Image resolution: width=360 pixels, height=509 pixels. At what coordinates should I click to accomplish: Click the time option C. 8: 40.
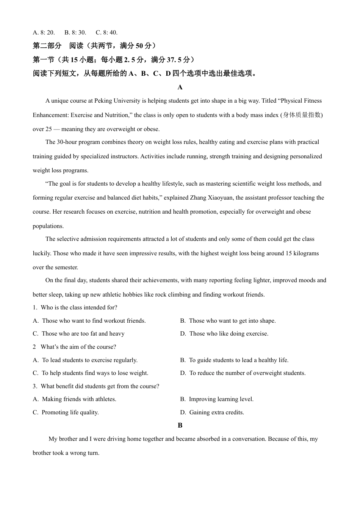coord(106,33)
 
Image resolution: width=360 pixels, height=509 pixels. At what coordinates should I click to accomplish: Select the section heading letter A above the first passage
coord(180,87)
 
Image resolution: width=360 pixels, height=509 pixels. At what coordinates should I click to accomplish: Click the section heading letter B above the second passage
coord(180,425)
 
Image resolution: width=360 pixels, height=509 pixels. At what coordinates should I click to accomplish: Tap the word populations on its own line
coord(48,226)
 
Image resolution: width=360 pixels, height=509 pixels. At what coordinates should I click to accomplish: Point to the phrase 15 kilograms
coord(302,253)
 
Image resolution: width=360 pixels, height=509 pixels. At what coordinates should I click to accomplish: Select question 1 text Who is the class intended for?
coord(79,308)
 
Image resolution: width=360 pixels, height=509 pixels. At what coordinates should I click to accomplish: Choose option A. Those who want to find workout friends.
coord(89,321)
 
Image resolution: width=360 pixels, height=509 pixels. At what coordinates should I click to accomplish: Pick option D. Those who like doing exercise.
coord(224,334)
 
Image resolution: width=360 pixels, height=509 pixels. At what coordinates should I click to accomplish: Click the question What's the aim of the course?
coord(78,347)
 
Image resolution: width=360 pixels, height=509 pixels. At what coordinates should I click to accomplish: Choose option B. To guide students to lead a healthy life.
coord(234,360)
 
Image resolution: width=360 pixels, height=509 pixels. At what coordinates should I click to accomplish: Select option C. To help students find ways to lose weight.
coord(91,373)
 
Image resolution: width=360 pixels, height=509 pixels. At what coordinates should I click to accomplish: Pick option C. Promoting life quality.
coord(66,412)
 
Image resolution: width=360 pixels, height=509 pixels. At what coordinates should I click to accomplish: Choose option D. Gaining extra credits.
coord(212,412)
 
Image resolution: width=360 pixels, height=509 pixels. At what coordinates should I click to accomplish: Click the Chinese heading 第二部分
coord(47,46)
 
